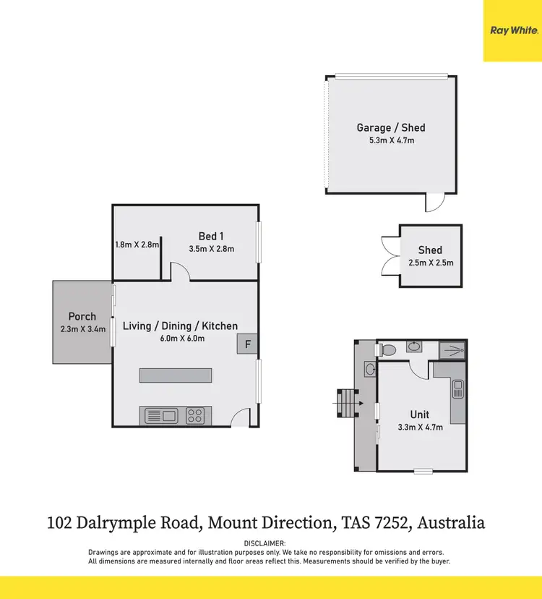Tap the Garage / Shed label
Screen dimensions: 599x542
click(391, 128)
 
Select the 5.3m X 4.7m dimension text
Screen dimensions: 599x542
click(391, 140)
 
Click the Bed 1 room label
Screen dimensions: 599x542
click(212, 236)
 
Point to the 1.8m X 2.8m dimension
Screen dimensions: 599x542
click(136, 245)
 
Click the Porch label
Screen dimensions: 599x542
click(82, 316)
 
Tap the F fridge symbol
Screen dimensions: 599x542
click(248, 344)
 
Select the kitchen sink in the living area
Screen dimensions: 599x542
click(162, 415)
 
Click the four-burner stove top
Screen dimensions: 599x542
click(195, 415)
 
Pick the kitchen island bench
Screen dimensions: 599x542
click(176, 375)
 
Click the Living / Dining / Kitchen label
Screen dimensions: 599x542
click(180, 326)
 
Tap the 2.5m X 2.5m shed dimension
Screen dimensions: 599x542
click(431, 263)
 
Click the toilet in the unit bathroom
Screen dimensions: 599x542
click(387, 349)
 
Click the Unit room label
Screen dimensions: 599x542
click(420, 415)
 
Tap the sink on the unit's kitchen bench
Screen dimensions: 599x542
click(458, 389)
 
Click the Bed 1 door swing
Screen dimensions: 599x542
click(181, 272)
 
